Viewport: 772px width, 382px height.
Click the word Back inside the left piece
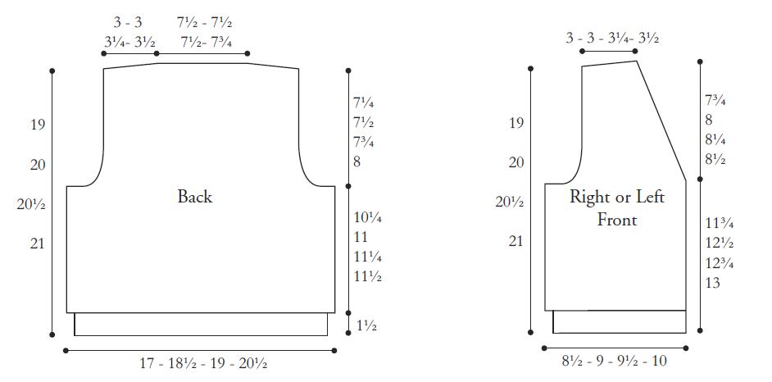(x=195, y=197)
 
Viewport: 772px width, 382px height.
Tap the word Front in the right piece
(x=617, y=220)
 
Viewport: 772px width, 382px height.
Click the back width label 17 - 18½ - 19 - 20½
(x=203, y=364)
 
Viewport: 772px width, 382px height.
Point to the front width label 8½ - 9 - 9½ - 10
(x=615, y=362)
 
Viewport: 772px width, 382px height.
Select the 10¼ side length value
(x=368, y=217)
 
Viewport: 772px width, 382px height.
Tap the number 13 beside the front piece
(x=712, y=283)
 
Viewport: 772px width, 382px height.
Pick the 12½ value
(x=720, y=243)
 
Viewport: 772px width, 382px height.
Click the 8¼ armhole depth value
(x=715, y=140)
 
